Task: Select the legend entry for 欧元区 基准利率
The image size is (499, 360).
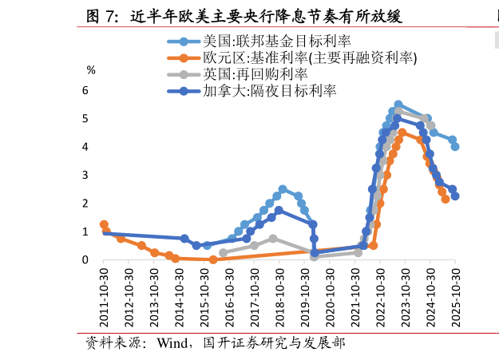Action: [310, 57]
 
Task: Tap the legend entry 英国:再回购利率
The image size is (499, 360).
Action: [255, 74]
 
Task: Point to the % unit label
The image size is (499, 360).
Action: [91, 70]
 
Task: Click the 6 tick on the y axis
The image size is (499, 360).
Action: [85, 90]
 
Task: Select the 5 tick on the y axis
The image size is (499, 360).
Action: [85, 118]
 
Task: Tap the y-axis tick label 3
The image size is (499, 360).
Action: [85, 175]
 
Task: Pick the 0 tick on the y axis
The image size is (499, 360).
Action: [85, 259]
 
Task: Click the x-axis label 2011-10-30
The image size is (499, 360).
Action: [105, 296]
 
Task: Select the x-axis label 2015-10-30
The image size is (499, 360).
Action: [205, 296]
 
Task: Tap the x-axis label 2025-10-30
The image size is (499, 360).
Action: [456, 296]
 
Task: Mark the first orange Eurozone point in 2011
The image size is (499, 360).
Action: [104, 225]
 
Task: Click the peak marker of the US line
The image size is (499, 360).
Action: [398, 105]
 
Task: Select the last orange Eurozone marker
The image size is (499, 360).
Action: [446, 199]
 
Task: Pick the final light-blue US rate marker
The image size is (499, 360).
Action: [455, 147]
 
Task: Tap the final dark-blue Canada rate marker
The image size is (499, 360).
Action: [455, 196]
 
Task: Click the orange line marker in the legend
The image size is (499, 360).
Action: [184, 57]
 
